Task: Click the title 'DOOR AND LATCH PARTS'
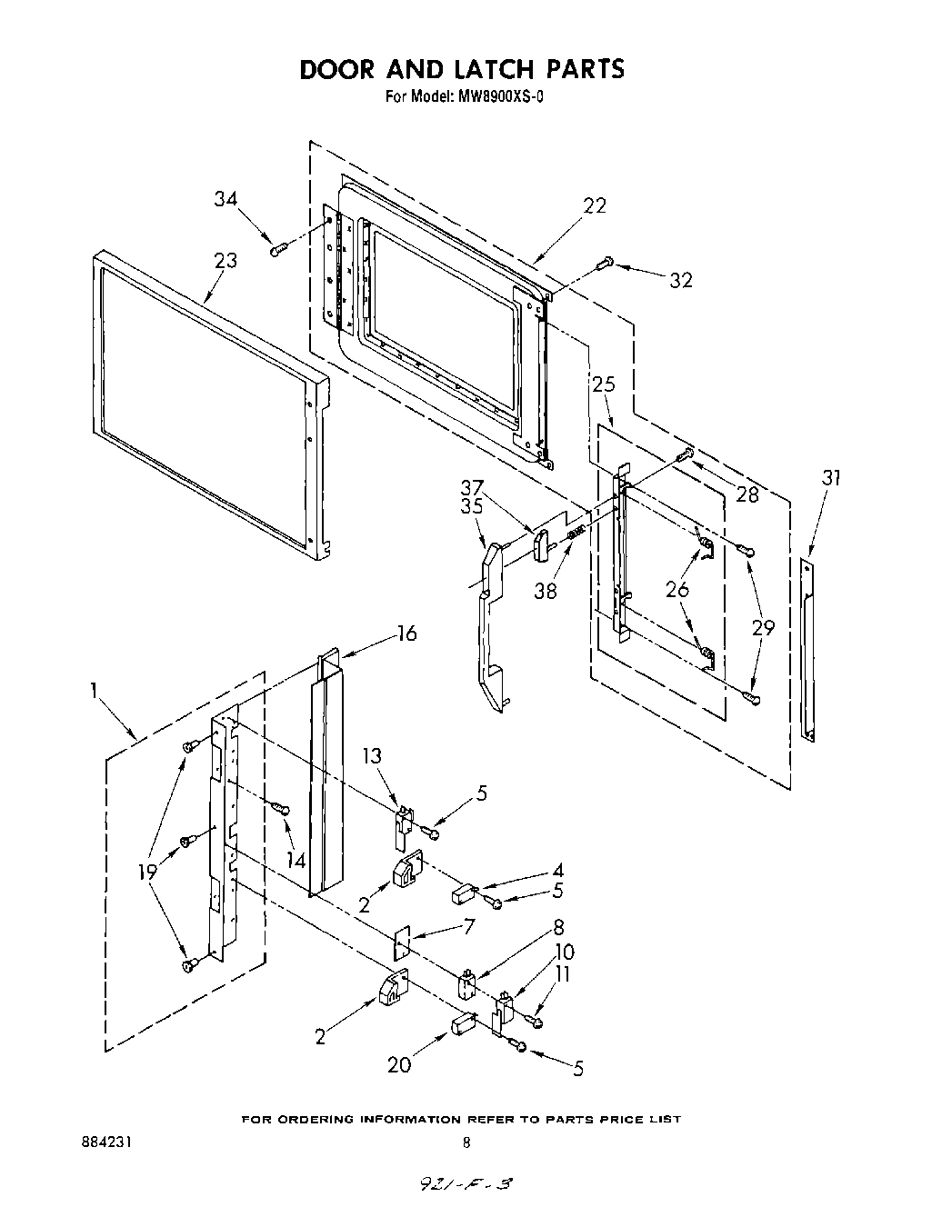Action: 462,69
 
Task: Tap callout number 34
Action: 227,199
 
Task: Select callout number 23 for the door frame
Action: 225,260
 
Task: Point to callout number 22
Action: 594,206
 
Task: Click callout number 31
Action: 830,476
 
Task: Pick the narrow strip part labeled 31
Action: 807,650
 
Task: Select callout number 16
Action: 407,633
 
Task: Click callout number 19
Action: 147,872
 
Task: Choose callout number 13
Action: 372,755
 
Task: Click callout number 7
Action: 470,927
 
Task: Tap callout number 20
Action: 400,1064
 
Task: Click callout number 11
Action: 565,973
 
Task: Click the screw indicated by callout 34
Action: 278,247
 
